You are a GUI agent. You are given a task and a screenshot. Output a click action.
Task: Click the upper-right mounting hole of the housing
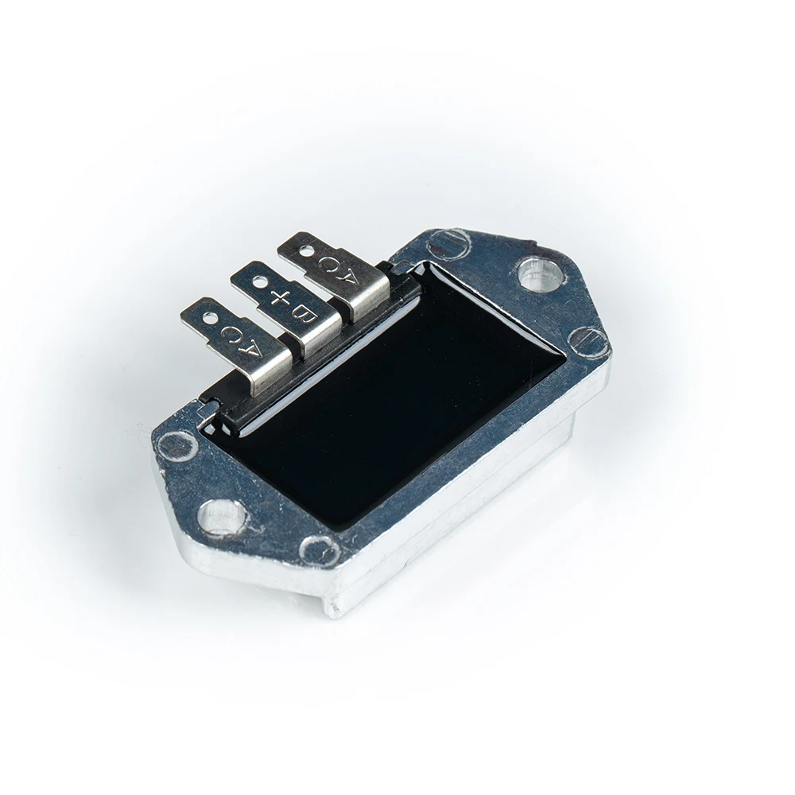tap(537, 274)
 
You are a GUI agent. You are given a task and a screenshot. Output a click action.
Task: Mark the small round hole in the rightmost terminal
tap(306, 250)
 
